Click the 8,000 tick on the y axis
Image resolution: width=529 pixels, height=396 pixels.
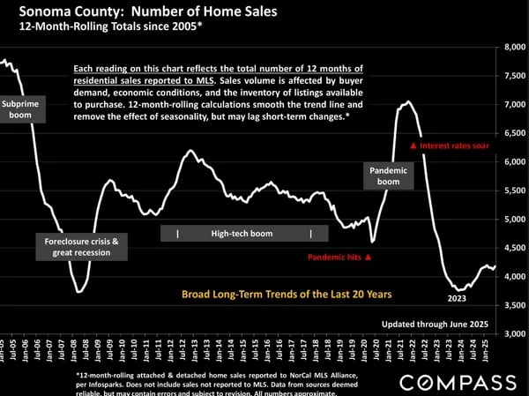point(513,48)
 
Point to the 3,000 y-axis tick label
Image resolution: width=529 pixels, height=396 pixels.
point(513,334)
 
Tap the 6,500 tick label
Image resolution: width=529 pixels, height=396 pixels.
point(513,133)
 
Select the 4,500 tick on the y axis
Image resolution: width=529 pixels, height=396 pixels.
point(513,248)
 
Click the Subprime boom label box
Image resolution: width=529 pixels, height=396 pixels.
point(20,110)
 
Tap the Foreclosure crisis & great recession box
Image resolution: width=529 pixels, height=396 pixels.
point(82,246)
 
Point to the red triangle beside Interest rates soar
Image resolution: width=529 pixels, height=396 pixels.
point(414,146)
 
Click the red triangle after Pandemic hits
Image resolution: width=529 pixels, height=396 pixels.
point(369,258)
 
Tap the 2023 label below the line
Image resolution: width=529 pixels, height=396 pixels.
point(457,298)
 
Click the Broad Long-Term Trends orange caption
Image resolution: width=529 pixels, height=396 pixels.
point(287,294)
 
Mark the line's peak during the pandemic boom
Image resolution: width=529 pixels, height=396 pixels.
point(406,102)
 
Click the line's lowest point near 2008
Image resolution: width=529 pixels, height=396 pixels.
point(80,291)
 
